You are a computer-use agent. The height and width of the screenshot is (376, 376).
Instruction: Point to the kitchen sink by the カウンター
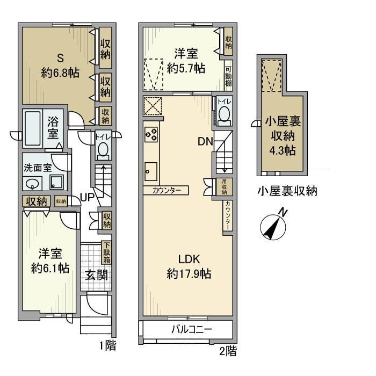149,172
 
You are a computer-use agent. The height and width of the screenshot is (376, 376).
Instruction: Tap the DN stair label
205,142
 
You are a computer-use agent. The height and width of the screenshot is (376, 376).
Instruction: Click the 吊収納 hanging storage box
224,186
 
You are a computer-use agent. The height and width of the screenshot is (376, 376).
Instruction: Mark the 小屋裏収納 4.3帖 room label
282,134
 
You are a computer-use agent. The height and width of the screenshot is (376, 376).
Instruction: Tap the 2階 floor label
228,352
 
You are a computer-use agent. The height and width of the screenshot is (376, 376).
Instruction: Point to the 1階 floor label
108,345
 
